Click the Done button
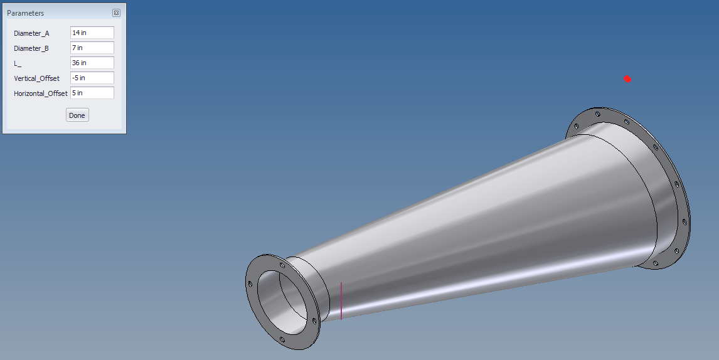click(77, 115)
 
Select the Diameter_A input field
click(92, 33)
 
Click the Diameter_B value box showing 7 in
click(92, 48)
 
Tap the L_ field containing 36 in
click(92, 63)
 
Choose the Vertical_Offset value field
click(92, 78)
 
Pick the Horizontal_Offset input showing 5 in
click(92, 93)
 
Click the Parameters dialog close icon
click(116, 13)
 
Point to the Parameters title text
click(25, 13)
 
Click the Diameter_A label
click(31, 33)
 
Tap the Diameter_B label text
click(31, 48)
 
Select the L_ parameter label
click(18, 63)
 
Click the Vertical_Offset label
click(36, 78)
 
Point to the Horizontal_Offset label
click(40, 93)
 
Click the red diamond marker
click(627, 79)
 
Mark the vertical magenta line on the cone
click(341, 301)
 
